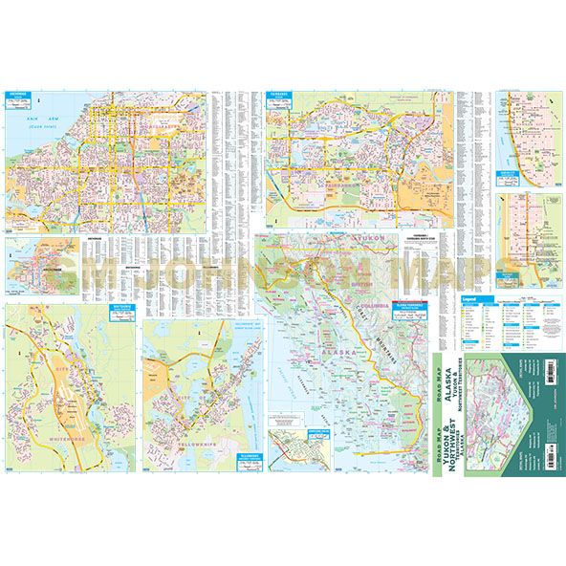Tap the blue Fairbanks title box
pos(283,97)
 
